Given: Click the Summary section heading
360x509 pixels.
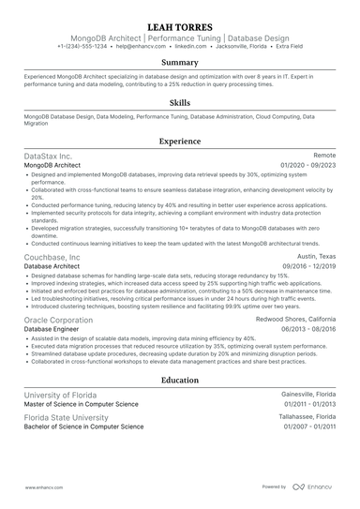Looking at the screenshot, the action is [x=179, y=62].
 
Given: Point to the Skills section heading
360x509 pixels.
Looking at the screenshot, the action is [x=179, y=101].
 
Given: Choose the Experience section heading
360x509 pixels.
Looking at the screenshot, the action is [x=179, y=141].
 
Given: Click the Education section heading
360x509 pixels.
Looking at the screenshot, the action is [x=179, y=382].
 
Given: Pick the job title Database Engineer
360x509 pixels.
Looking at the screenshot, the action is [x=52, y=329].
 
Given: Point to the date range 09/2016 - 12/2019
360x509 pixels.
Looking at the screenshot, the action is [x=307, y=266].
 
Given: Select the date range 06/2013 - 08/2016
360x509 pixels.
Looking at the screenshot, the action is [x=307, y=329].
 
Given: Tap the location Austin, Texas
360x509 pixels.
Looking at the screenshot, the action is [x=316, y=257].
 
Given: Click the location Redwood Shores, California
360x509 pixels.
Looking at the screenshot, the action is [x=296, y=320].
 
